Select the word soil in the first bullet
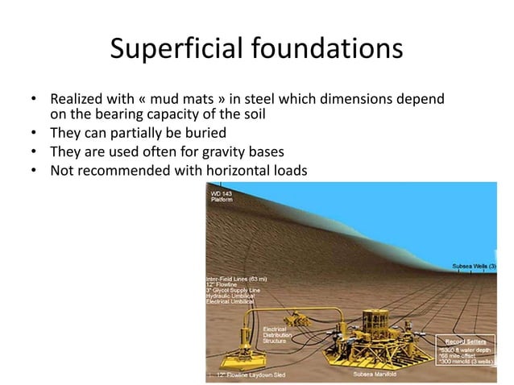pos(252,114)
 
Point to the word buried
pos(202,133)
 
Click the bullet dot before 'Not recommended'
pos(34,170)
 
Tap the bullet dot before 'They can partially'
pos(34,133)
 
